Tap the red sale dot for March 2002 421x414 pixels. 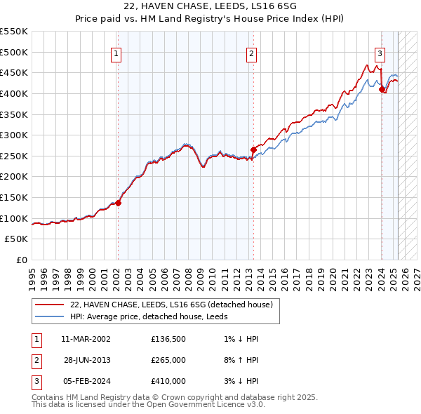tap(118, 203)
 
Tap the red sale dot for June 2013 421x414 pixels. tap(253, 149)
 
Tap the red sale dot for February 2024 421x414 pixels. tap(382, 89)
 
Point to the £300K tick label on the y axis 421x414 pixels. tap(14, 135)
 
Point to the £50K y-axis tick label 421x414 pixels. tap(17, 239)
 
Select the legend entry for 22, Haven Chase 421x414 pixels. tap(175, 305)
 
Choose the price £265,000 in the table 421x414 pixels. tap(168, 360)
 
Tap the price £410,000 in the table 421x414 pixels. tap(168, 381)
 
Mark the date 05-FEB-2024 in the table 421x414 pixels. tap(86, 381)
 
